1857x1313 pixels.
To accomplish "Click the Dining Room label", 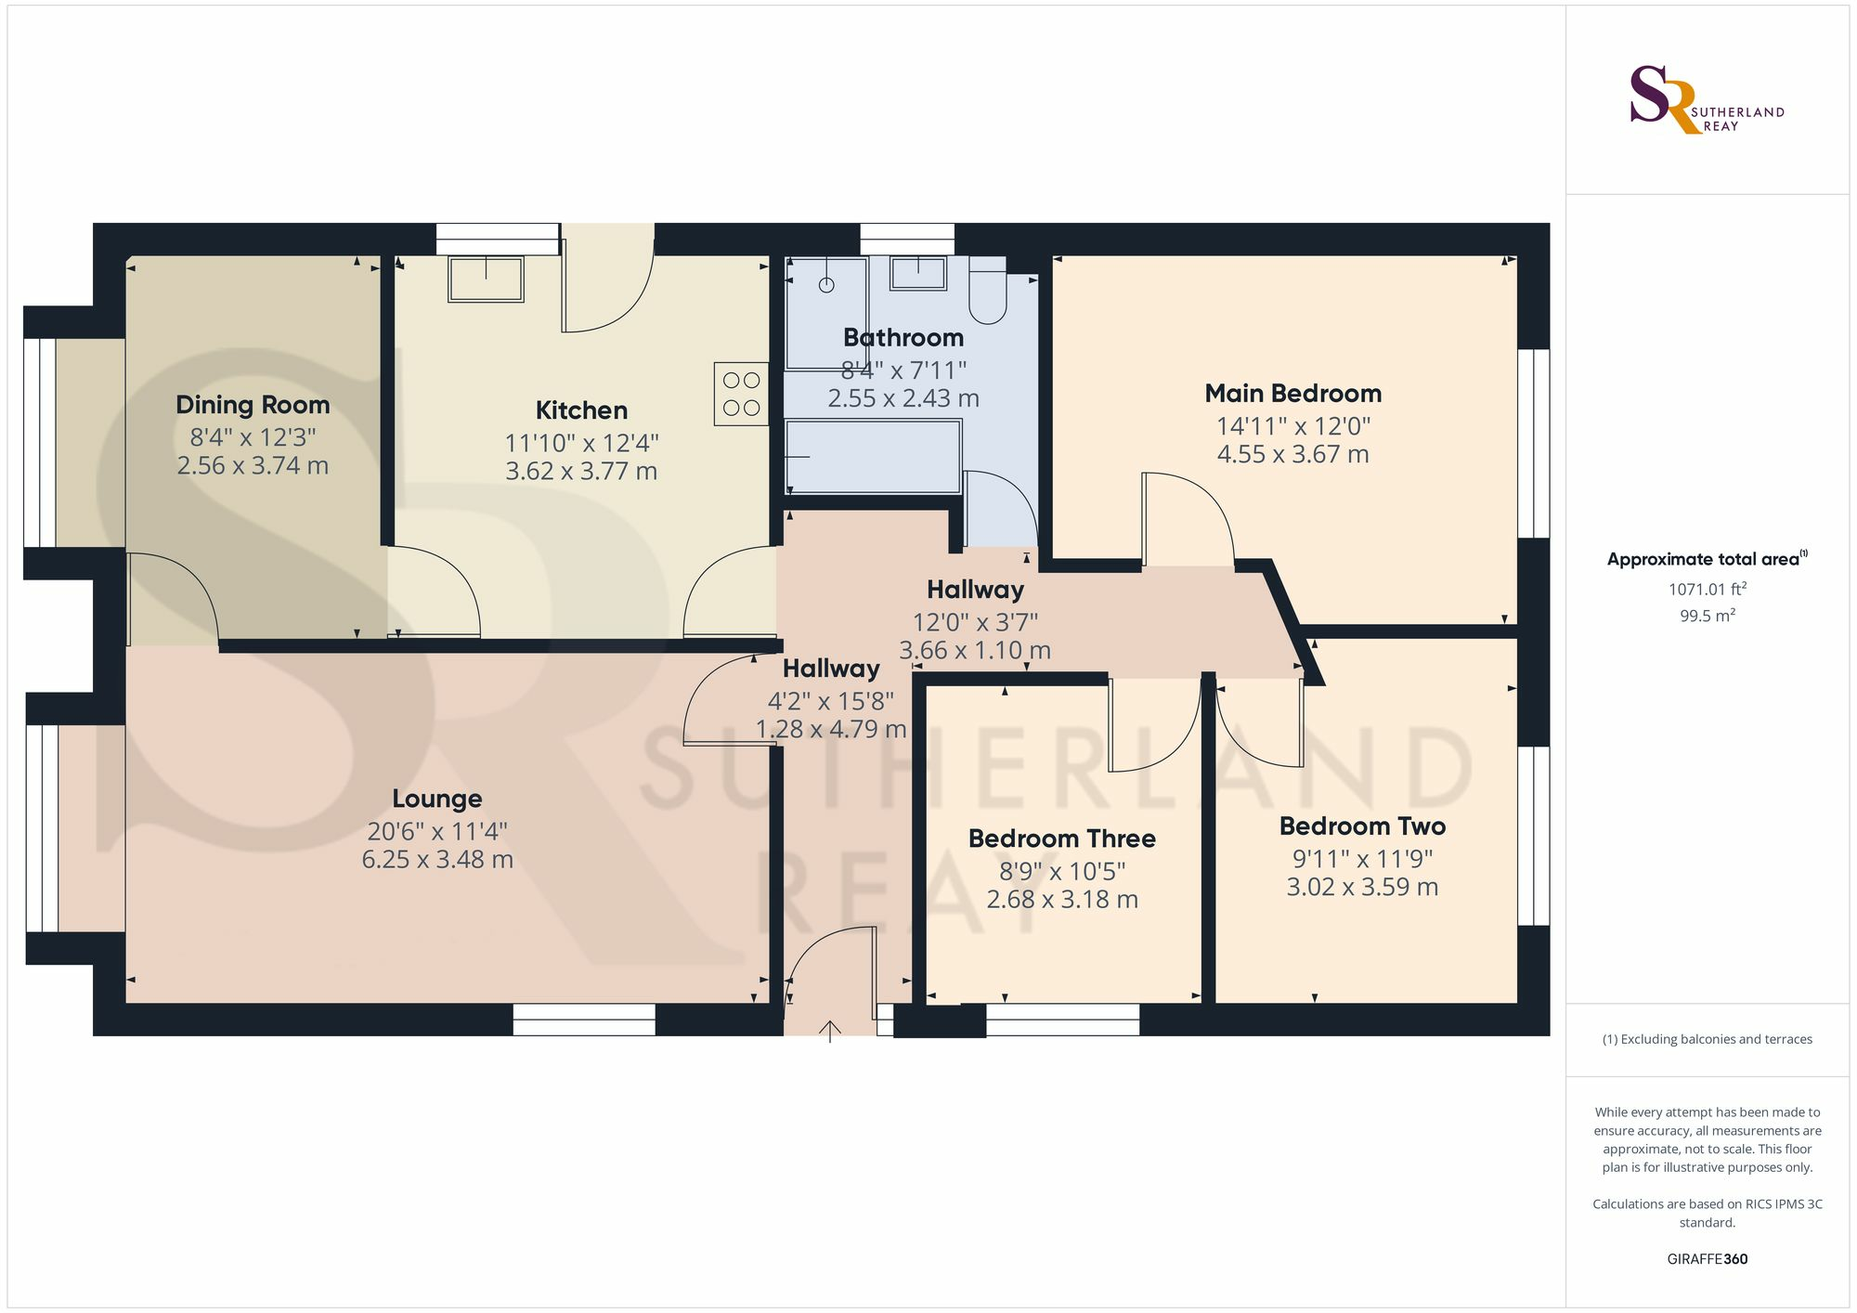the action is (x=253, y=405).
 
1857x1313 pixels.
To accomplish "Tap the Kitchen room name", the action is (x=581, y=410).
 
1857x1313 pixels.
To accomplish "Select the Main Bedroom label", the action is (x=1293, y=394).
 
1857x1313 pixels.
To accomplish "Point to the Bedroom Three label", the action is (x=1062, y=838).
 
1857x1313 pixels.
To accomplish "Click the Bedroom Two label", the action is (x=1362, y=826).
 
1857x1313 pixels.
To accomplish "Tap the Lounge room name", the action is (x=437, y=799).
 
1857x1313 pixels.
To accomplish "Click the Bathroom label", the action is (x=903, y=338).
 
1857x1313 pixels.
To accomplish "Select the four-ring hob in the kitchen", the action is (x=741, y=394).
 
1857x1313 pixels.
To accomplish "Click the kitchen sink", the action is (x=486, y=279).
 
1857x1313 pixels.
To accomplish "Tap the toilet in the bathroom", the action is (x=988, y=290).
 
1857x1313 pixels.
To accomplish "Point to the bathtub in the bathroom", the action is (x=873, y=456).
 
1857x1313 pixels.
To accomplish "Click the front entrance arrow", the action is (x=830, y=1031).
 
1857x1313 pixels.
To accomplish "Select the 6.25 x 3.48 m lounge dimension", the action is (x=437, y=860).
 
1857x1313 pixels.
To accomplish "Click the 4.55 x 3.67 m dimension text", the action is (x=1293, y=454).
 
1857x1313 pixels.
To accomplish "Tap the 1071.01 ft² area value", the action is (x=1708, y=589).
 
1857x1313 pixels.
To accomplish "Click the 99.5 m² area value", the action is (x=1708, y=615).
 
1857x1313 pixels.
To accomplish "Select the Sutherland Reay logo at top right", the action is (x=1708, y=99).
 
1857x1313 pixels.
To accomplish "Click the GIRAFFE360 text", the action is (x=1708, y=1259).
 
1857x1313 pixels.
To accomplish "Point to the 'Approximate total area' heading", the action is (x=1708, y=559).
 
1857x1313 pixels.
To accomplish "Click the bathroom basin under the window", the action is (x=918, y=274).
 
